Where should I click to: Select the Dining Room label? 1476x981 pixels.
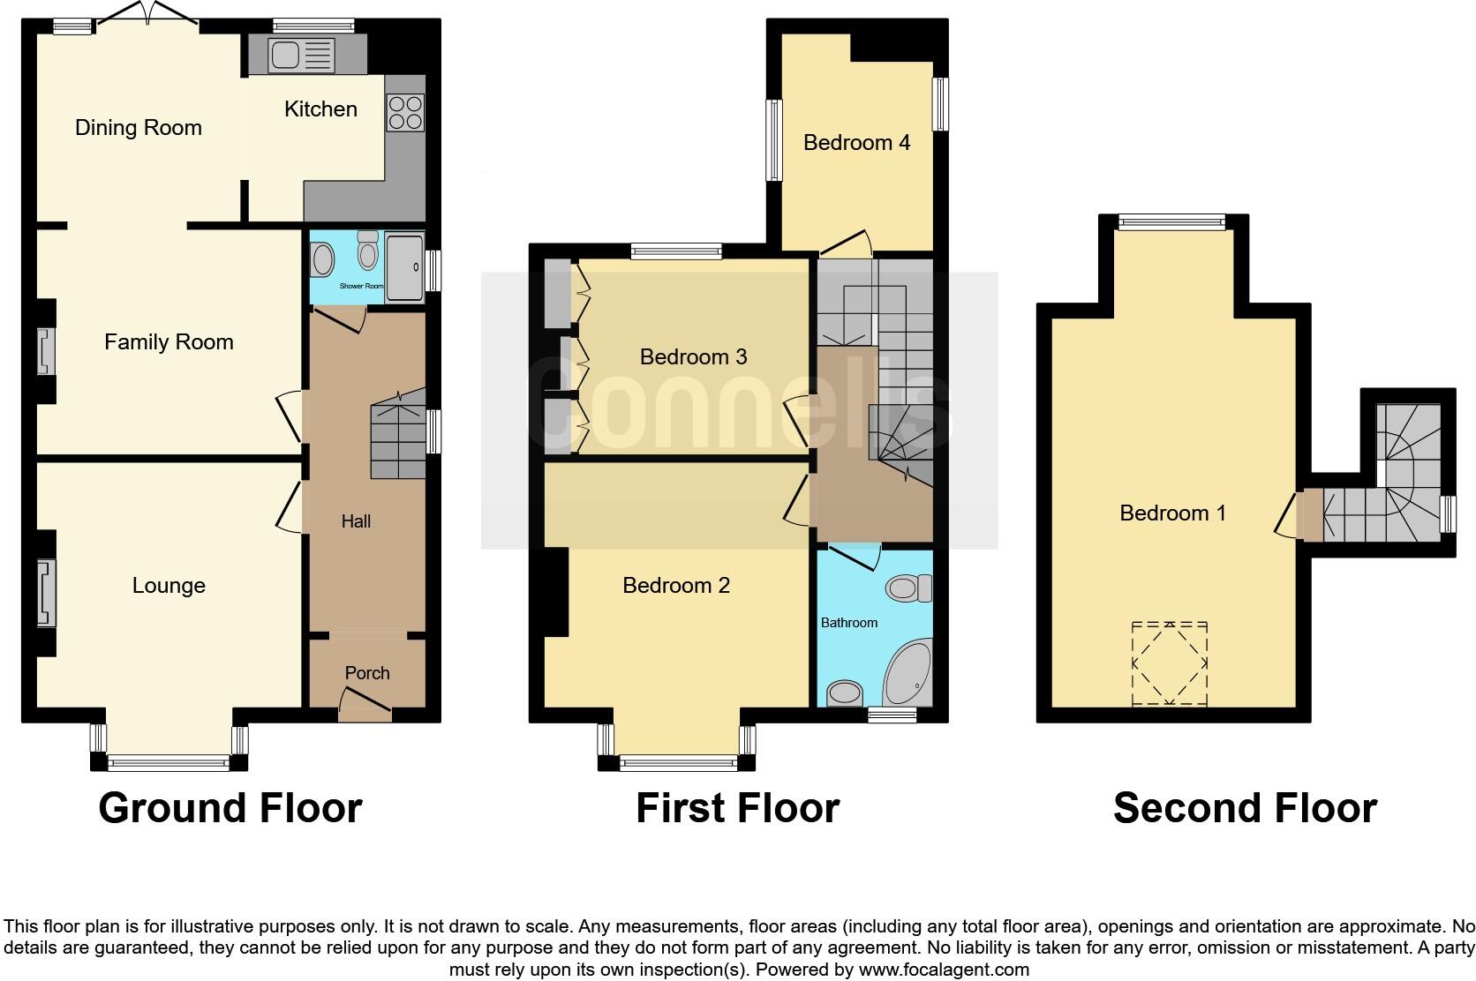point(139,128)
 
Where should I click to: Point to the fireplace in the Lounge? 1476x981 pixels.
point(46,593)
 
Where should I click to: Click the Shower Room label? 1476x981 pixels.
point(362,286)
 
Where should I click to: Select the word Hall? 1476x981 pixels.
point(356,521)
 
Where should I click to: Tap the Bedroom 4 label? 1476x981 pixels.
point(856,143)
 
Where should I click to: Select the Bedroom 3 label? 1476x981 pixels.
point(693,357)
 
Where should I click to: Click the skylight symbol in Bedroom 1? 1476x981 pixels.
point(1170,663)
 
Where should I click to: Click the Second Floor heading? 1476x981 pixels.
point(1245,808)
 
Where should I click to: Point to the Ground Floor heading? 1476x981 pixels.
point(230,808)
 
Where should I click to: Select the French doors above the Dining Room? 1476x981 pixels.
point(147,16)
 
